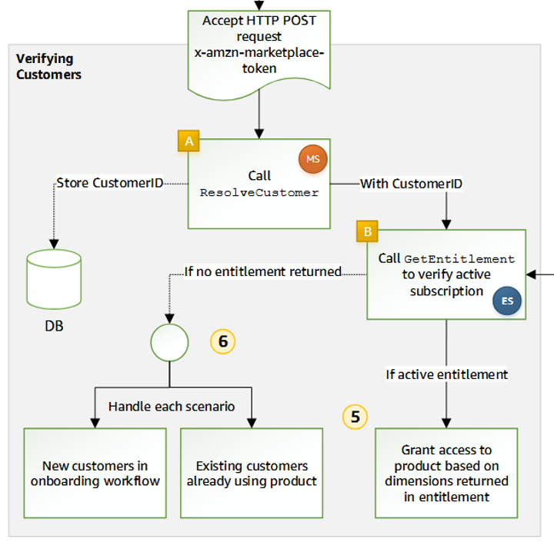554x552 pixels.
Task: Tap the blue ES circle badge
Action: [x=507, y=301]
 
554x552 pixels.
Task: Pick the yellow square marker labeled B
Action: [x=366, y=230]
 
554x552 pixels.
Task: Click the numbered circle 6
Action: [x=223, y=341]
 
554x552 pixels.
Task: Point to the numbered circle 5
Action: [x=355, y=417]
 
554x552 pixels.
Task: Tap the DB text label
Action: [x=53, y=326]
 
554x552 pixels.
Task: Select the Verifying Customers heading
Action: [x=48, y=67]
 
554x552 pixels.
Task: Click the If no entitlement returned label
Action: [x=262, y=271]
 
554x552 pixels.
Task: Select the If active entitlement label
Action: [x=447, y=374]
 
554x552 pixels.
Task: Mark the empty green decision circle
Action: [x=169, y=342]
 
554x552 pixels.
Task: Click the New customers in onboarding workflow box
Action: [x=95, y=473]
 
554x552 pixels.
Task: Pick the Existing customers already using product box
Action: [x=252, y=473]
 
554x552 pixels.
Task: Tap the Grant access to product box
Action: [x=446, y=473]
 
